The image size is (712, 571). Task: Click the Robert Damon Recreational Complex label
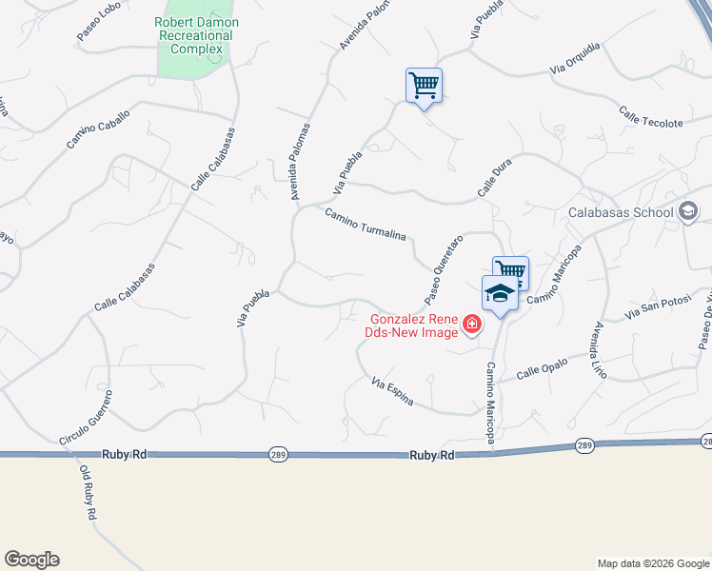[197, 35]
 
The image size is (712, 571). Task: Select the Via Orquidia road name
[575, 59]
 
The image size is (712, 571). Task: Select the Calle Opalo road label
[542, 369]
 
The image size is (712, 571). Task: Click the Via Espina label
[392, 391]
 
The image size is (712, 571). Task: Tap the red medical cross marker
[470, 326]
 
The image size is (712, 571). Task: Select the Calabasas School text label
[621, 212]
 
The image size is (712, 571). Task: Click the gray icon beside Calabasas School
[688, 212]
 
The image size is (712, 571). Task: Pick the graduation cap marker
[499, 293]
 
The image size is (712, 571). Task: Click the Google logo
[31, 560]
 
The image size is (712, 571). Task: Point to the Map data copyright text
[652, 563]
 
